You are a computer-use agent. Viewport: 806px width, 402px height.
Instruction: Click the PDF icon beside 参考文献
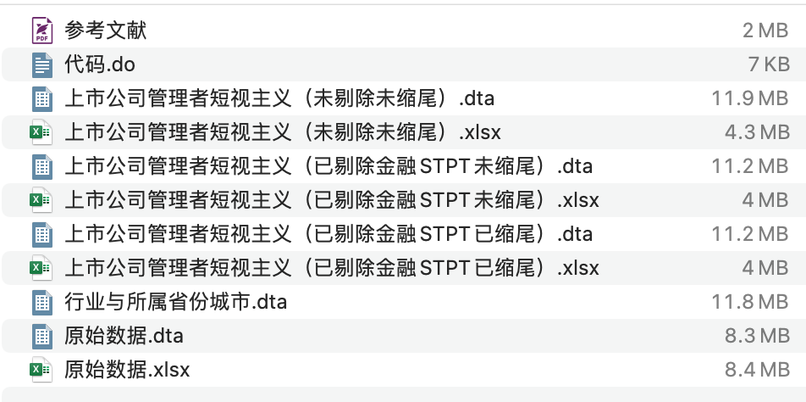[x=41, y=31]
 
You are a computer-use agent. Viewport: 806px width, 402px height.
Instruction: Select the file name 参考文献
[x=105, y=31]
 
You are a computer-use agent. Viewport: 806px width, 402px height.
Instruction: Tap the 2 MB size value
[x=765, y=31]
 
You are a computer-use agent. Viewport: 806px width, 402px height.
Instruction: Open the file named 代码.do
[x=100, y=64]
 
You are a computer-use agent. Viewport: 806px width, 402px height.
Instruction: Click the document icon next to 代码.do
[x=41, y=64]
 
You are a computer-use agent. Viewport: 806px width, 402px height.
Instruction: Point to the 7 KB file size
[x=768, y=64]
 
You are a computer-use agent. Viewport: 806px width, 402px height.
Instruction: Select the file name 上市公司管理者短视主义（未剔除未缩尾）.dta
[x=279, y=98]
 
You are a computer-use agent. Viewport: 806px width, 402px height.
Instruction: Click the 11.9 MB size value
[x=750, y=98]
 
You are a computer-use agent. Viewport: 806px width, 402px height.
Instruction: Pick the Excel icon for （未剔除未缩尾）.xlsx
[x=41, y=132]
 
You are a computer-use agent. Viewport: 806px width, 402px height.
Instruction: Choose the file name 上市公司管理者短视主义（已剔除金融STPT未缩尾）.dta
[x=328, y=166]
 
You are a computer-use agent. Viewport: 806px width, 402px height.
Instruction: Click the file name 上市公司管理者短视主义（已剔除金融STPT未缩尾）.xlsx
[x=332, y=200]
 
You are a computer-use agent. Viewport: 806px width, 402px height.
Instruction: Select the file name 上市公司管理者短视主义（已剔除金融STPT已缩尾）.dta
[x=328, y=234]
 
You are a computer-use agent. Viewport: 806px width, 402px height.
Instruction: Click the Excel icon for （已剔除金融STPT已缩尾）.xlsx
[x=41, y=268]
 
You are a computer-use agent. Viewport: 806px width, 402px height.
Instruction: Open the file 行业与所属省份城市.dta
[x=176, y=302]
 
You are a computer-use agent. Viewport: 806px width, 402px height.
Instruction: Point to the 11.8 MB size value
[x=750, y=302]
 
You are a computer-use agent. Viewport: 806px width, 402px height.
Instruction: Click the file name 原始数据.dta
[x=124, y=336]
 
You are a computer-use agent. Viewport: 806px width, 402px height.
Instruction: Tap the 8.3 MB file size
[x=756, y=336]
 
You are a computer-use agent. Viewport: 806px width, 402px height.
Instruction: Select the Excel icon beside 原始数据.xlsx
[x=41, y=370]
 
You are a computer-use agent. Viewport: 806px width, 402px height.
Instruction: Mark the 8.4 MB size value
[x=756, y=370]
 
